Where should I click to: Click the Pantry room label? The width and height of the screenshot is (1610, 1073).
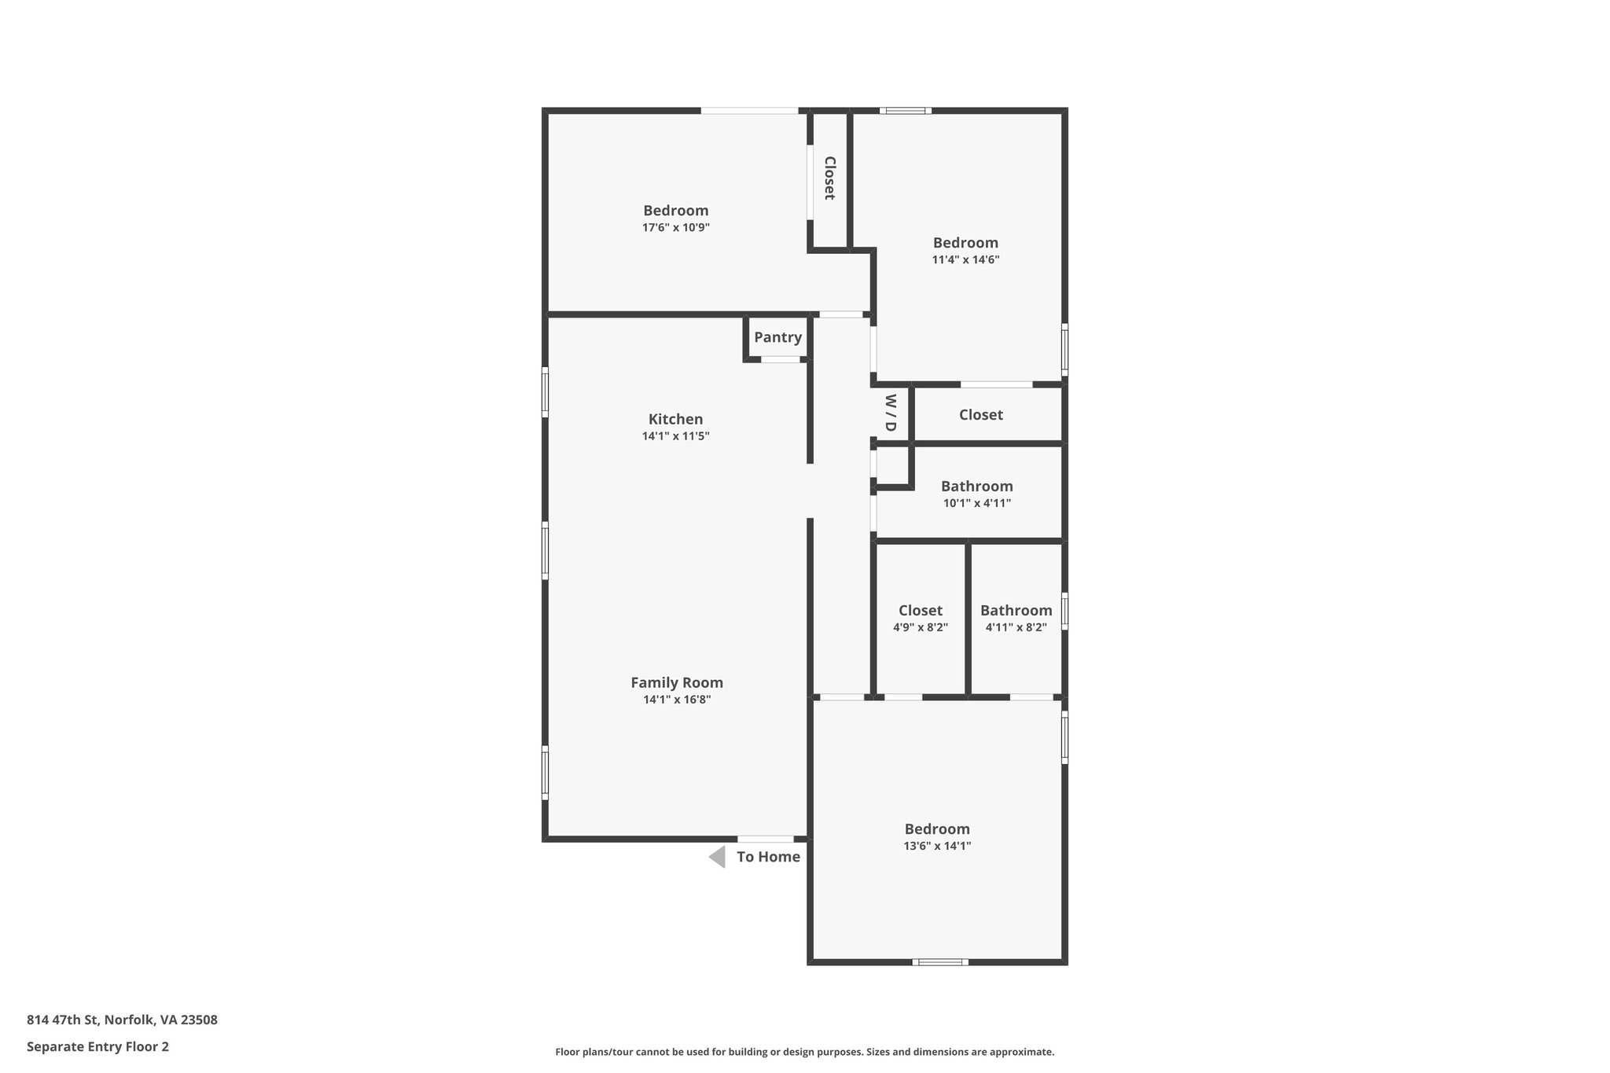(777, 337)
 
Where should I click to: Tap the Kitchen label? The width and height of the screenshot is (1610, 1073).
(675, 419)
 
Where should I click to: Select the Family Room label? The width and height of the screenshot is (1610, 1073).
(676, 682)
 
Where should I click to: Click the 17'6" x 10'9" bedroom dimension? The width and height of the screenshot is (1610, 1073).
(675, 228)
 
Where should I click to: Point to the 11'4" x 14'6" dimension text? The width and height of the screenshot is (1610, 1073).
(965, 260)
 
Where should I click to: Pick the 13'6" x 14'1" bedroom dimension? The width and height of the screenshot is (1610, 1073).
(937, 846)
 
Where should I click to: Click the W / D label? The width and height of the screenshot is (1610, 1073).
(891, 413)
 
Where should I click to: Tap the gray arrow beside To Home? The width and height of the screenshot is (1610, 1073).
(717, 857)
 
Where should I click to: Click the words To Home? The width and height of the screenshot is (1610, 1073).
(768, 857)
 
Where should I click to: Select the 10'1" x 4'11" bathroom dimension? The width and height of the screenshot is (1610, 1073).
(976, 503)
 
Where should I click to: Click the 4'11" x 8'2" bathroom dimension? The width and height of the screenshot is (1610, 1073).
(1016, 627)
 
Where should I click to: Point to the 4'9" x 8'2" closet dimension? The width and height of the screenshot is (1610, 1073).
(920, 627)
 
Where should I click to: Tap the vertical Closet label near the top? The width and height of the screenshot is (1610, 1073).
(829, 178)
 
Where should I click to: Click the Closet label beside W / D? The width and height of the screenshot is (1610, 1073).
(980, 414)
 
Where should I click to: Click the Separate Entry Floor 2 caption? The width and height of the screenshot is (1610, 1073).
(97, 1046)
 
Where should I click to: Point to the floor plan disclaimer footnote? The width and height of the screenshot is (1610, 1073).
(804, 1052)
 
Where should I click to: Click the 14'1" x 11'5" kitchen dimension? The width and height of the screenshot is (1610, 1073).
(675, 436)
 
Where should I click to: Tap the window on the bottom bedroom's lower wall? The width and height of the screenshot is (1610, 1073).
(940, 961)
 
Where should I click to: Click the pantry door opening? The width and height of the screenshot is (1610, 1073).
(781, 359)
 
